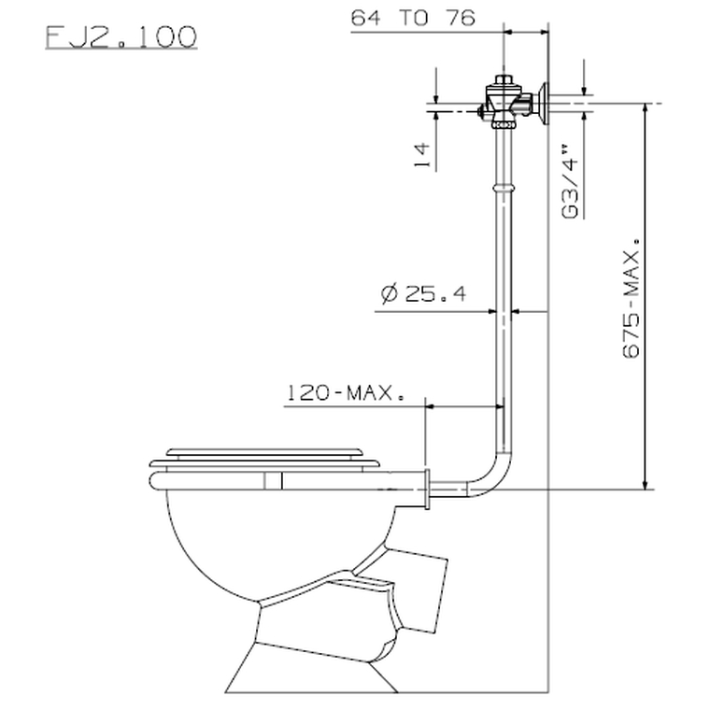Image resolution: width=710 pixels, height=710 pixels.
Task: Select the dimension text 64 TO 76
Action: (413, 18)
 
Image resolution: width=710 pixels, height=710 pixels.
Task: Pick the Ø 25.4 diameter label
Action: (423, 294)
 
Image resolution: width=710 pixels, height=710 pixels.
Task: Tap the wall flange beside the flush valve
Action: (542, 103)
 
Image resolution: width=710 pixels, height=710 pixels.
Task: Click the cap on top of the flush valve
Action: (504, 78)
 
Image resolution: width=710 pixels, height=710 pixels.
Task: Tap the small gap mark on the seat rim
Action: (273, 480)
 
